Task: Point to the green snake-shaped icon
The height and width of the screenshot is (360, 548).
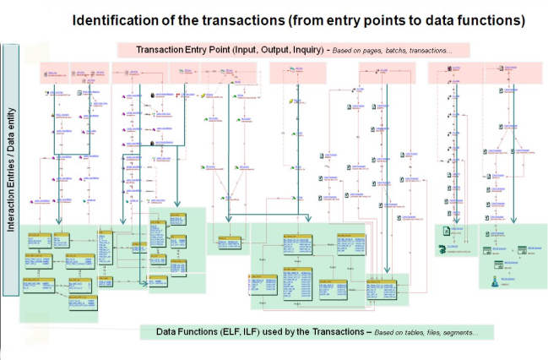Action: pyautogui.click(x=442, y=248)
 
